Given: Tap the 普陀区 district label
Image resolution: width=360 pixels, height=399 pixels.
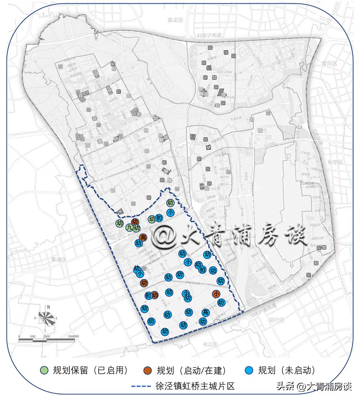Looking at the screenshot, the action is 330,63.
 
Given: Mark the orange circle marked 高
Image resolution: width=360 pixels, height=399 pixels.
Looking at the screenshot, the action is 143,237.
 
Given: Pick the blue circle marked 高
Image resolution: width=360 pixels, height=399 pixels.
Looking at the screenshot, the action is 206,313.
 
